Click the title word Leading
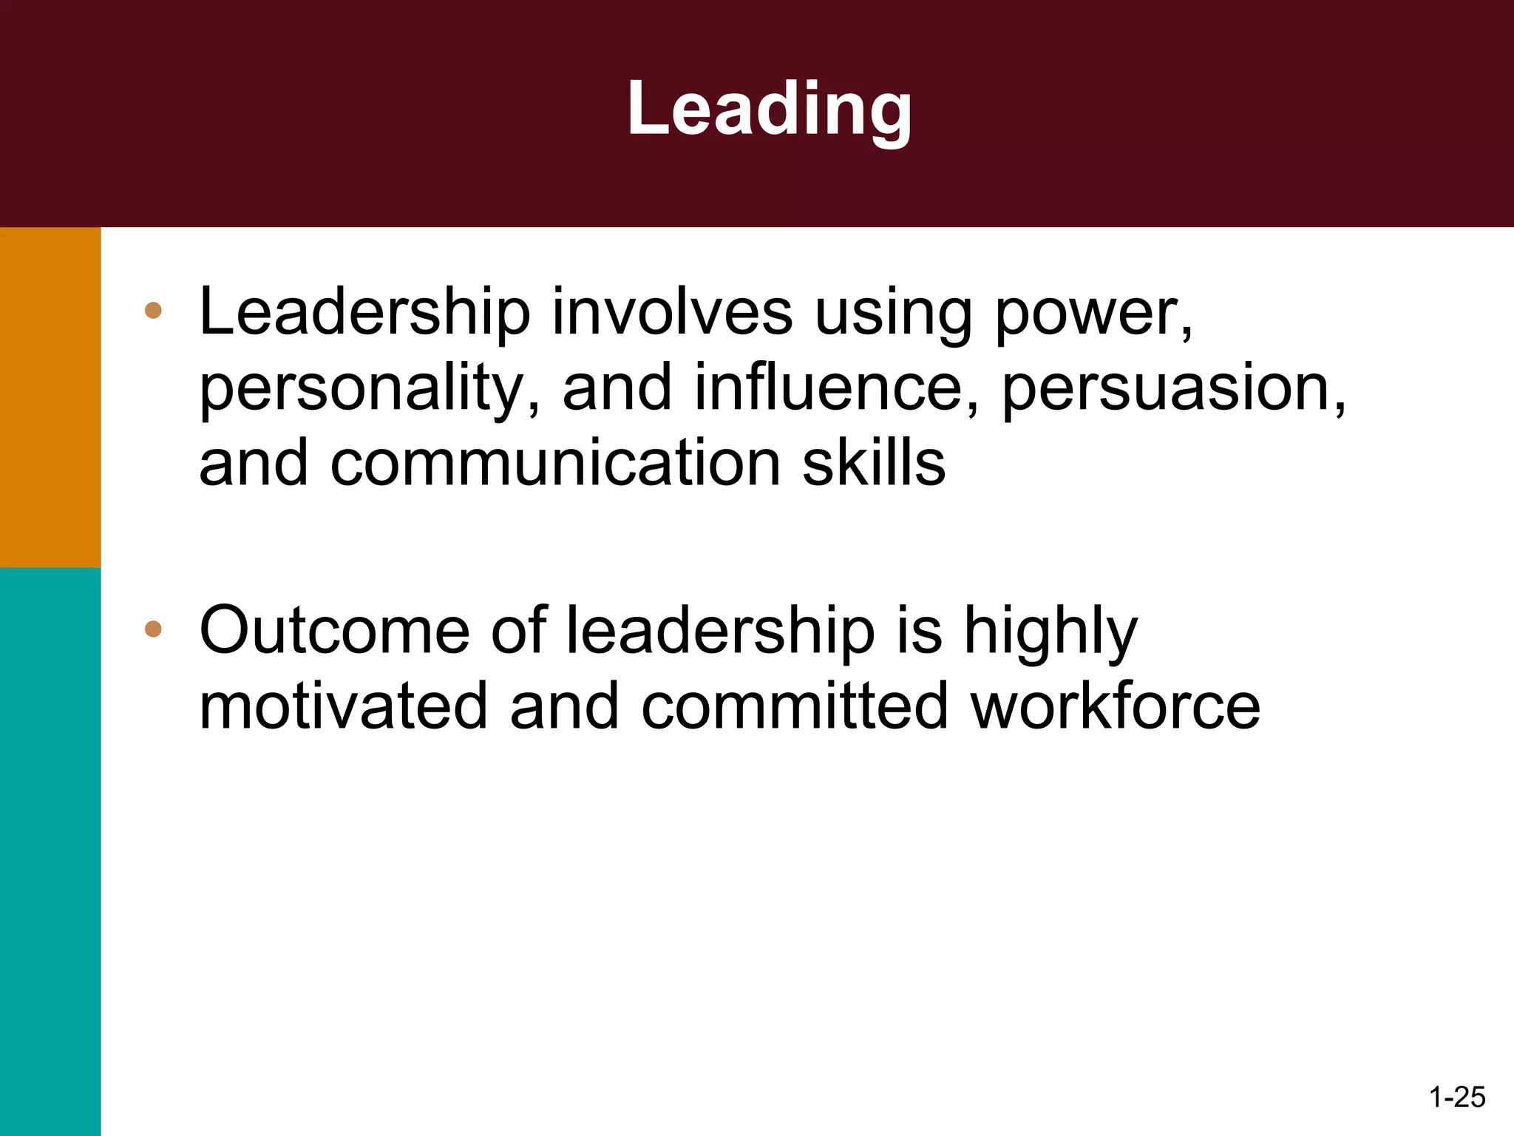coord(769,109)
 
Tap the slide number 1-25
coord(1457,1097)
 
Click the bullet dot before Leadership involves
coord(153,311)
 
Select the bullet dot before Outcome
coord(153,629)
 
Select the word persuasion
coord(1172,389)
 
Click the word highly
coord(1050,632)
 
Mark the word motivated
coord(343,706)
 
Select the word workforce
coord(1116,706)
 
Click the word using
coord(893,314)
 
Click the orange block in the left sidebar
coord(50,397)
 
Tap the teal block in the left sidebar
coord(50,851)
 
